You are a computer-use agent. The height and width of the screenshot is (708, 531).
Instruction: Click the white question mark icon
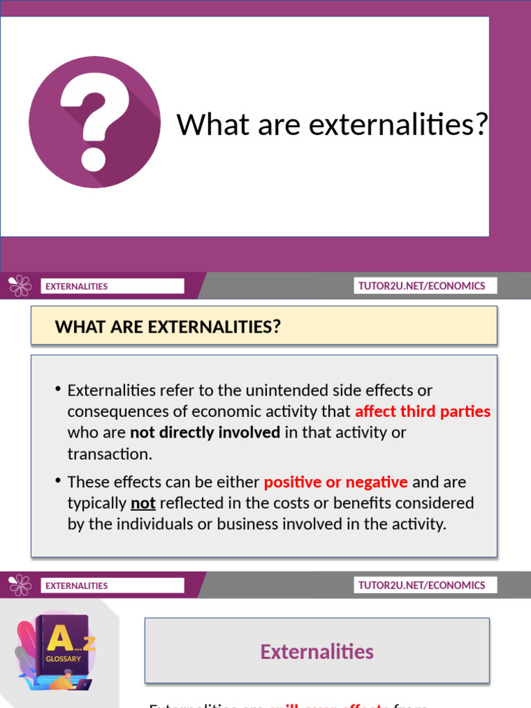pos(93,121)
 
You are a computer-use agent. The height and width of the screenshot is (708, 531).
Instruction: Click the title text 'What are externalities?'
pos(332,124)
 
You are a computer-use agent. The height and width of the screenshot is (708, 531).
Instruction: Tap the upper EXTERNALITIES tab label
pos(77,286)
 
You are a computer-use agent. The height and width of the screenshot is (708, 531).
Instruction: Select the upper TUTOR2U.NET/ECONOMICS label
pos(422,286)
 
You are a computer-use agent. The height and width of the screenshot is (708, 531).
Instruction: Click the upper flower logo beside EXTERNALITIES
pos(20,286)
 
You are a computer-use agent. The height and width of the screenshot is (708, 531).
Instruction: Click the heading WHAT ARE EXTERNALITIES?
pos(168,326)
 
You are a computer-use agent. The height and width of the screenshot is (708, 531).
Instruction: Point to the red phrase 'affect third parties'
pos(422,411)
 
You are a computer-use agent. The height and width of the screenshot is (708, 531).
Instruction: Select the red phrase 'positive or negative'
pos(336,482)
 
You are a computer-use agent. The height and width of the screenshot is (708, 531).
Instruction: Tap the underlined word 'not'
pos(143,503)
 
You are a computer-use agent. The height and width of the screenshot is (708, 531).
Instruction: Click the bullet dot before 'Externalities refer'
pos(58,389)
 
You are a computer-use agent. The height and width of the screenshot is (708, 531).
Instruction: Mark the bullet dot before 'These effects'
pos(58,481)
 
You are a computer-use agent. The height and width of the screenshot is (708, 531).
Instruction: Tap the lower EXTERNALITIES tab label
pos(77,586)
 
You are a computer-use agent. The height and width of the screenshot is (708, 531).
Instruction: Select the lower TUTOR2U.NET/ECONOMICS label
pos(422,585)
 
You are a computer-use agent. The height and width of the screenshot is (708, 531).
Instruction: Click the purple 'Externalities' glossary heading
pos(317,651)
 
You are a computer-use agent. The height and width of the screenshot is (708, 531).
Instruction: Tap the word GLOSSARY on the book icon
pos(63,659)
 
